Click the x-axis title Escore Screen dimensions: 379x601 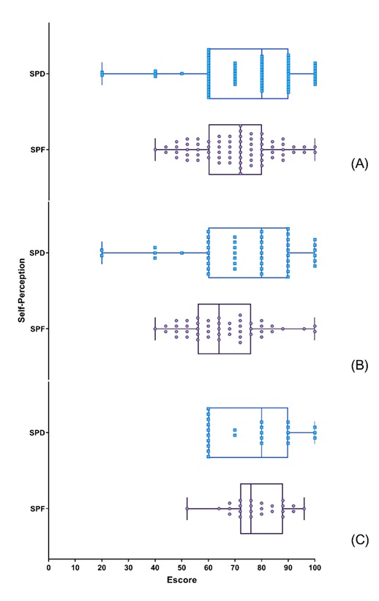(x=181, y=580)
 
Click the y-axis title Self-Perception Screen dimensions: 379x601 (x=22, y=290)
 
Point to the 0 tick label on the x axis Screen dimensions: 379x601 (x=49, y=567)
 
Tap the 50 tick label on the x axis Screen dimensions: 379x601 (x=181, y=567)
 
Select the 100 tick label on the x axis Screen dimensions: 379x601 (x=315, y=567)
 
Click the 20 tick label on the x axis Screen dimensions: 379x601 (x=102, y=567)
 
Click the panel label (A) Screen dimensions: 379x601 (x=359, y=164)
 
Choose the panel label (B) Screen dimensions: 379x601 (x=359, y=365)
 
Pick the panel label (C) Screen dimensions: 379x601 (x=359, y=540)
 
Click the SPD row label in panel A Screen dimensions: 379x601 (x=37, y=74)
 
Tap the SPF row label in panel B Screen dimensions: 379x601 (x=37, y=329)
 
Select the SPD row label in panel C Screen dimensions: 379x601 (x=37, y=433)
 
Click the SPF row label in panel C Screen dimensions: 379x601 (x=37, y=509)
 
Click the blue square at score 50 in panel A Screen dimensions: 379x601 (x=181, y=74)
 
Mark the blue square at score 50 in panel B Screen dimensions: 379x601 (x=181, y=253)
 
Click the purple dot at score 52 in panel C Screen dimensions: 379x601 (x=187, y=509)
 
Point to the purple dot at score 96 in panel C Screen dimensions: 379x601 (x=304, y=509)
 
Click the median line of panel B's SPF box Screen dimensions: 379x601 (x=219, y=329)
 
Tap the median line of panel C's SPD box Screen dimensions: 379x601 (x=261, y=433)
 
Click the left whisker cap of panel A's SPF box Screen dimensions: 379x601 (x=155, y=150)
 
